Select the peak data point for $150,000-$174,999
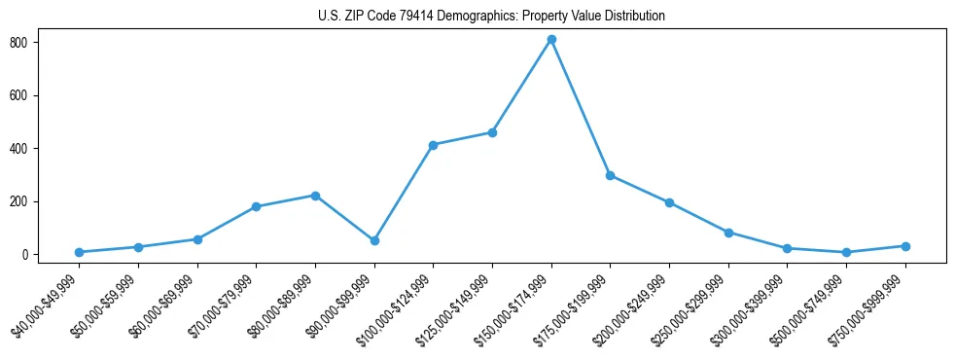point(551,40)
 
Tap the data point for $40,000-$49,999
point(79,252)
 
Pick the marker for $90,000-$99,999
point(374,240)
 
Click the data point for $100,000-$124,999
point(433,145)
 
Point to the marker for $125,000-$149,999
point(492,132)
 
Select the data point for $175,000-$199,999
point(610,175)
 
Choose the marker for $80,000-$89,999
point(315,196)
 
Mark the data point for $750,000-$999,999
point(905,246)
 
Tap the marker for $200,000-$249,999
point(669,202)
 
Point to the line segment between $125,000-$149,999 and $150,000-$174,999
point(522,86)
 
